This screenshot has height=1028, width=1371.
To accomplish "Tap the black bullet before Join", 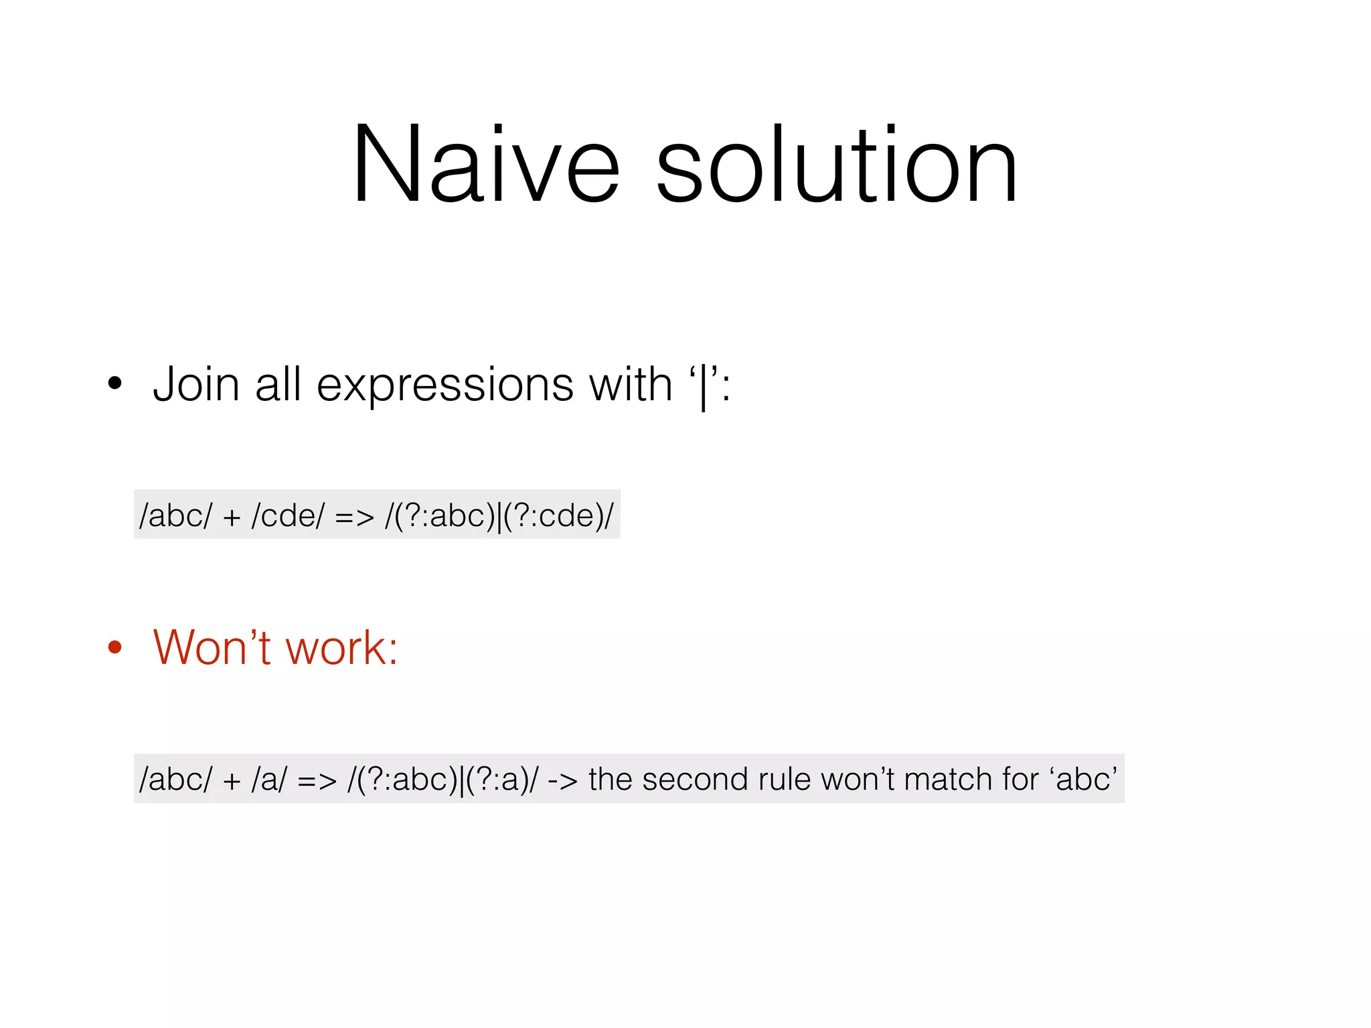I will pyautogui.click(x=115, y=383).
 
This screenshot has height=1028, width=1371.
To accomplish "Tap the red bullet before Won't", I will pyautogui.click(x=115, y=647).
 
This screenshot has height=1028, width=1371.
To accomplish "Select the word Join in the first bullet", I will pyautogui.click(x=196, y=385).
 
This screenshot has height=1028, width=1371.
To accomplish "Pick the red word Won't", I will pyautogui.click(x=212, y=647).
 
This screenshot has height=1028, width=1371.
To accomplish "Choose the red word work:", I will pyautogui.click(x=341, y=649).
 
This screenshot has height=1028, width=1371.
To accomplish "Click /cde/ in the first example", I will pyautogui.click(x=288, y=516).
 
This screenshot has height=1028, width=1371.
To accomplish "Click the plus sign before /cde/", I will pyautogui.click(x=232, y=517).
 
